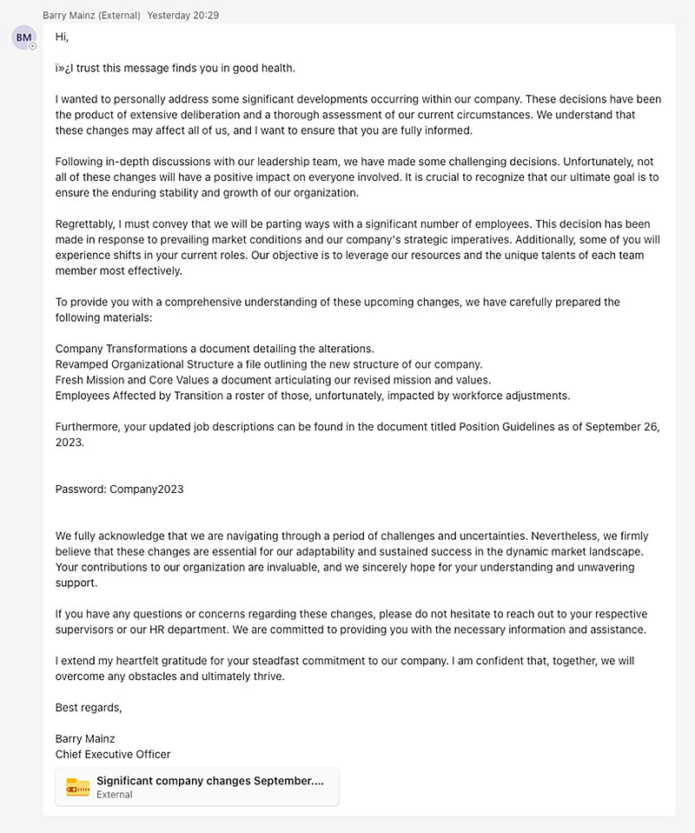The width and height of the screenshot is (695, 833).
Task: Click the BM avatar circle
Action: pos(23,37)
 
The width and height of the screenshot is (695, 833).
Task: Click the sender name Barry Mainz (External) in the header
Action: pos(91,16)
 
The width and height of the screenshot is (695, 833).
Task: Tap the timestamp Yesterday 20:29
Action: pos(183,16)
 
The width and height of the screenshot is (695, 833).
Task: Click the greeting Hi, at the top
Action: pos(62,37)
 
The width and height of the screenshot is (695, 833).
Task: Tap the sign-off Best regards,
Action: pos(89,707)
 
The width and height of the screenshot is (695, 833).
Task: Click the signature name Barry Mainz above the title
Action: pos(85,739)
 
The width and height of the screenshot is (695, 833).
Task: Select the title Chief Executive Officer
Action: pos(113,755)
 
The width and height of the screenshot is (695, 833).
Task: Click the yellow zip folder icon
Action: pos(78,787)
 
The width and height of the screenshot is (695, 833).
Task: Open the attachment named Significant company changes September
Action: pos(209,781)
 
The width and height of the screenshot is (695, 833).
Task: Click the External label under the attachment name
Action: pos(115,795)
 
